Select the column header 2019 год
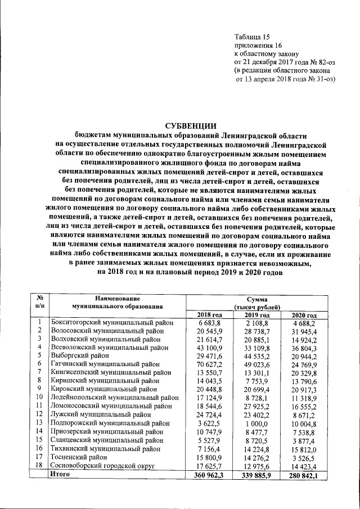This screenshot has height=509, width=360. (x=259, y=315)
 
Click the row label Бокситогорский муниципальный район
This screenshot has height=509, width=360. (x=111, y=323)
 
